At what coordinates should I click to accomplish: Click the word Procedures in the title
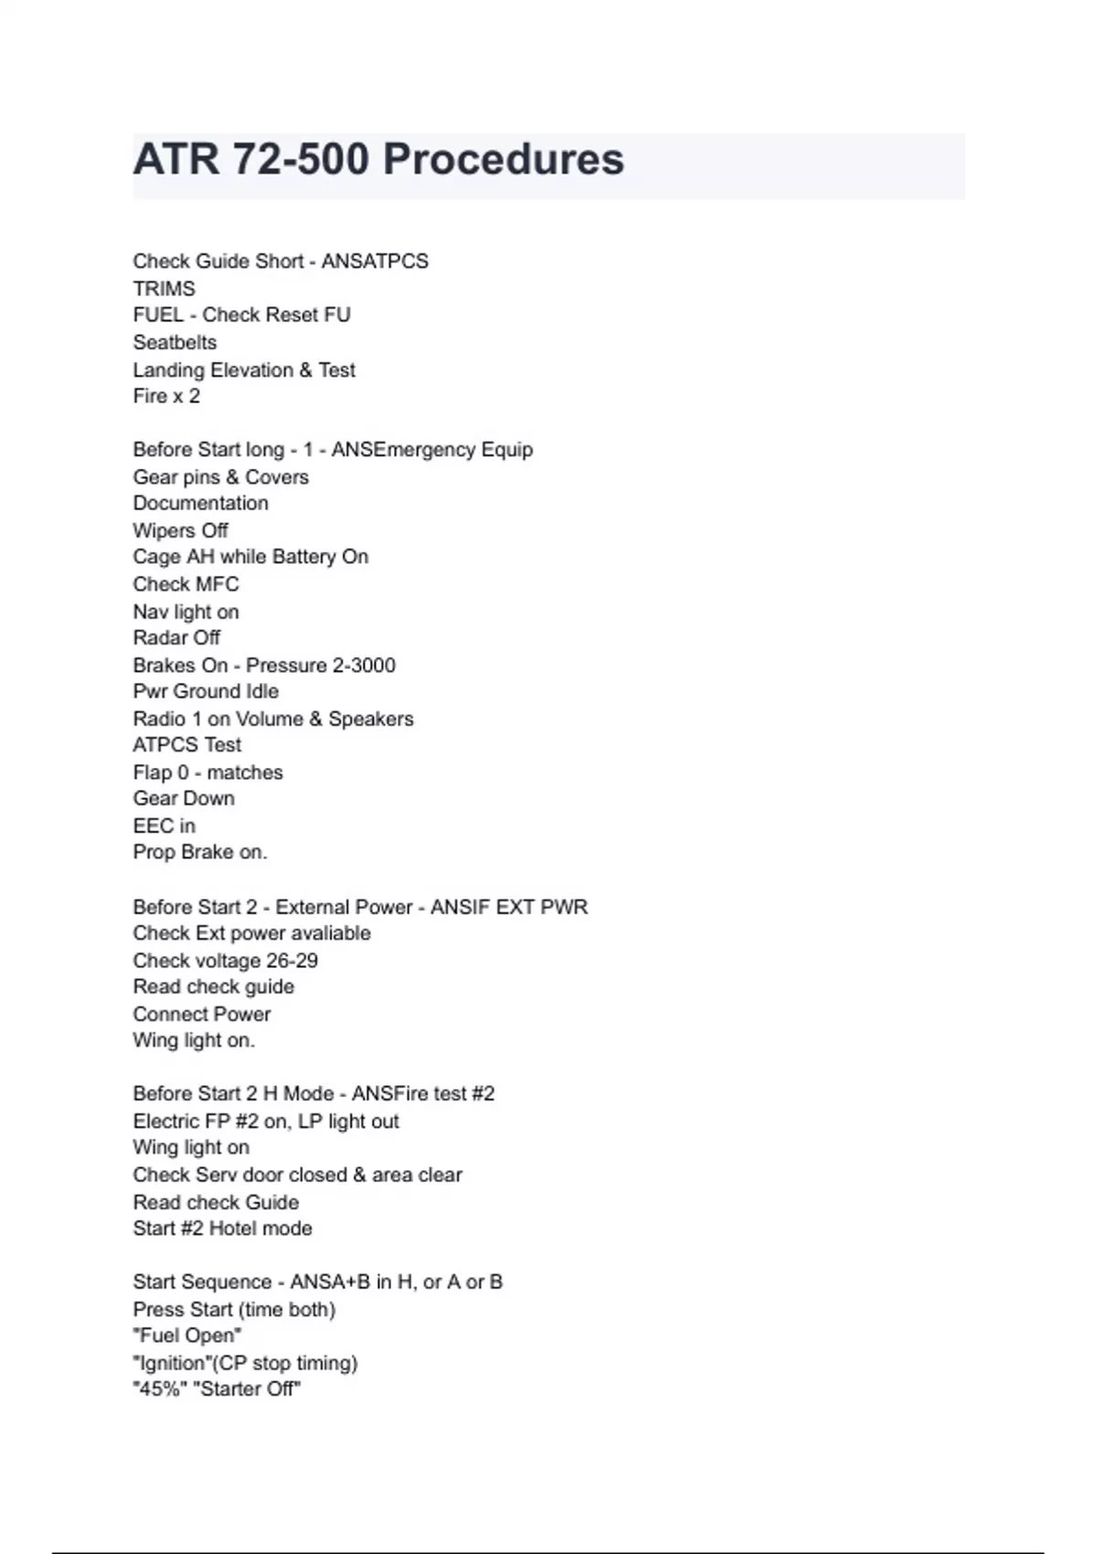click(504, 159)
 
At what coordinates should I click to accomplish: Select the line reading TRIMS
click(164, 289)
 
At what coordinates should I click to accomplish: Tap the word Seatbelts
click(175, 343)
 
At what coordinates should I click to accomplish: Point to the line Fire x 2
click(166, 397)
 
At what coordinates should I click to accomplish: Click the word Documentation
click(200, 504)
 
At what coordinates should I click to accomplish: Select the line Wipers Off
click(180, 531)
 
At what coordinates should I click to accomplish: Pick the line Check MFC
click(186, 584)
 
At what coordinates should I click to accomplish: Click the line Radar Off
click(176, 638)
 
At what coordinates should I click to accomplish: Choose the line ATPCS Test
click(187, 745)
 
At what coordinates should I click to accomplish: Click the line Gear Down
click(184, 799)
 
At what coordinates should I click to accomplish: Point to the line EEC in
click(164, 826)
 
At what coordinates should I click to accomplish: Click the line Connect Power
click(202, 1015)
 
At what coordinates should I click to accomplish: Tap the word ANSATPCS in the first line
click(375, 261)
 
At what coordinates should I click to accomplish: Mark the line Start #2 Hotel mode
click(222, 1229)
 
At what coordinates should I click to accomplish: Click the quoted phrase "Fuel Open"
click(187, 1336)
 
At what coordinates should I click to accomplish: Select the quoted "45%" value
click(160, 1389)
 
